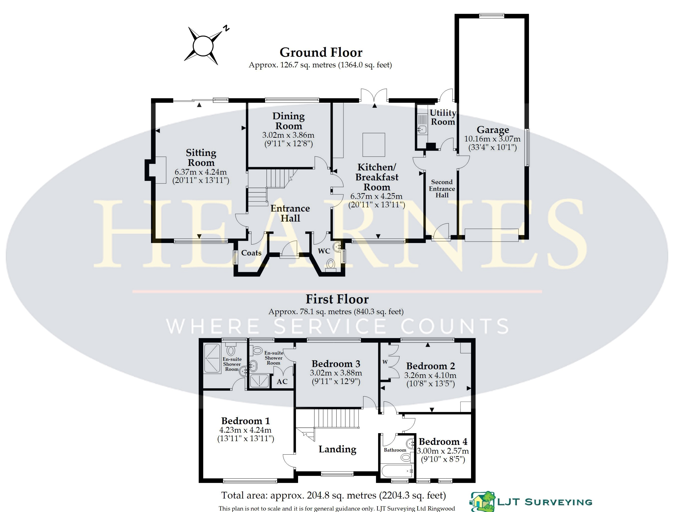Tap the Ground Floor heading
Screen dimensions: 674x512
tap(321, 52)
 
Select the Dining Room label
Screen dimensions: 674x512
tap(288, 121)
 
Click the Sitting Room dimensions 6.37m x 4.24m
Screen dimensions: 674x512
tap(201, 172)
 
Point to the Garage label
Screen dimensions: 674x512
tap(493, 130)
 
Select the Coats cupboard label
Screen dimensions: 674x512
tap(251, 253)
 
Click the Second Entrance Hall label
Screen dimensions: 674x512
tap(442, 189)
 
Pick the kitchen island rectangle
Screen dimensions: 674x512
tap(373, 144)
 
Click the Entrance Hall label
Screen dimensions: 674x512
tap(290, 213)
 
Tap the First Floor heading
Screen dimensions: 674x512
tap(337, 299)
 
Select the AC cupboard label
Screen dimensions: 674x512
tap(282, 382)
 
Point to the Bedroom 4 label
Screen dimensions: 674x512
tap(443, 442)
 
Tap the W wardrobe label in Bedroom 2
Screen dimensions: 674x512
tap(385, 362)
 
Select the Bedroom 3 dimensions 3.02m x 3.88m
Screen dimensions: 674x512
tap(336, 373)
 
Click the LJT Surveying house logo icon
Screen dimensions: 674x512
tap(482, 501)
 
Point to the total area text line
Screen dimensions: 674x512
tap(334, 496)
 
